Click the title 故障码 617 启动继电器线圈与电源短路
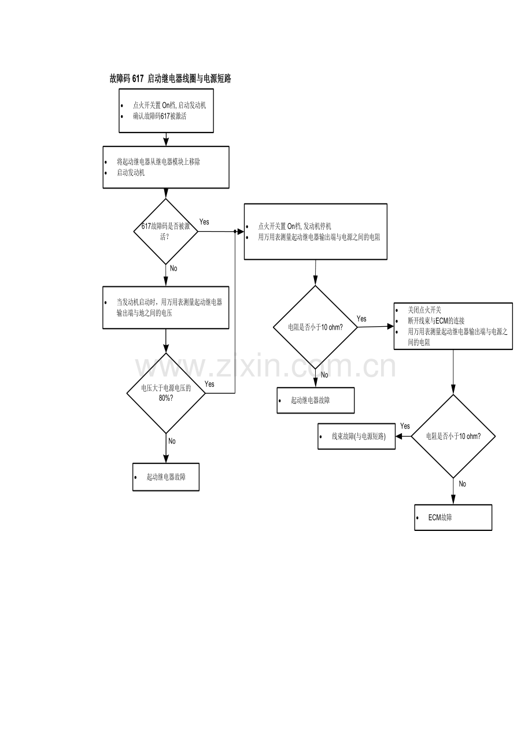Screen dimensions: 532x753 click(171, 79)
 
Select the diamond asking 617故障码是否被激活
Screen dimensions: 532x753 click(166, 231)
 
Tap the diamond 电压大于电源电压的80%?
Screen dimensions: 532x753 click(166, 393)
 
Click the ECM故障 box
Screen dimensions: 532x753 click(453, 518)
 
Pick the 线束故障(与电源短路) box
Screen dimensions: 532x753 click(357, 436)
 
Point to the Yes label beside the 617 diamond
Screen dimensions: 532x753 click(204, 222)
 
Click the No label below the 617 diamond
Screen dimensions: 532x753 click(173, 268)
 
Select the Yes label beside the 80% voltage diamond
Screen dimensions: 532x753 click(209, 384)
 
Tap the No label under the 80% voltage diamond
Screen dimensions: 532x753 click(172, 441)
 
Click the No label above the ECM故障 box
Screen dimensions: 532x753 click(463, 483)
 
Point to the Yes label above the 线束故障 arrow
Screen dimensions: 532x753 click(405, 426)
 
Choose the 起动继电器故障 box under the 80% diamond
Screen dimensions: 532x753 click(166, 477)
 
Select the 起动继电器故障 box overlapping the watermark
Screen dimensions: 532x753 click(316, 400)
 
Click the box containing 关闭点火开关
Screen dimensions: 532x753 click(453, 326)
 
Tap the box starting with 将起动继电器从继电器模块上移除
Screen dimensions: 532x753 click(166, 167)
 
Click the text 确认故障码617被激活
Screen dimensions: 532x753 click(160, 116)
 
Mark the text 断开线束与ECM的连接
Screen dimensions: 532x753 click(436, 321)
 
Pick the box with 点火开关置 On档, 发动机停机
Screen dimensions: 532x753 click(316, 231)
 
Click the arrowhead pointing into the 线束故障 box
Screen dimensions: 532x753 click(399, 436)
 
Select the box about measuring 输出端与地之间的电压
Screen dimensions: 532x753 click(166, 308)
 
